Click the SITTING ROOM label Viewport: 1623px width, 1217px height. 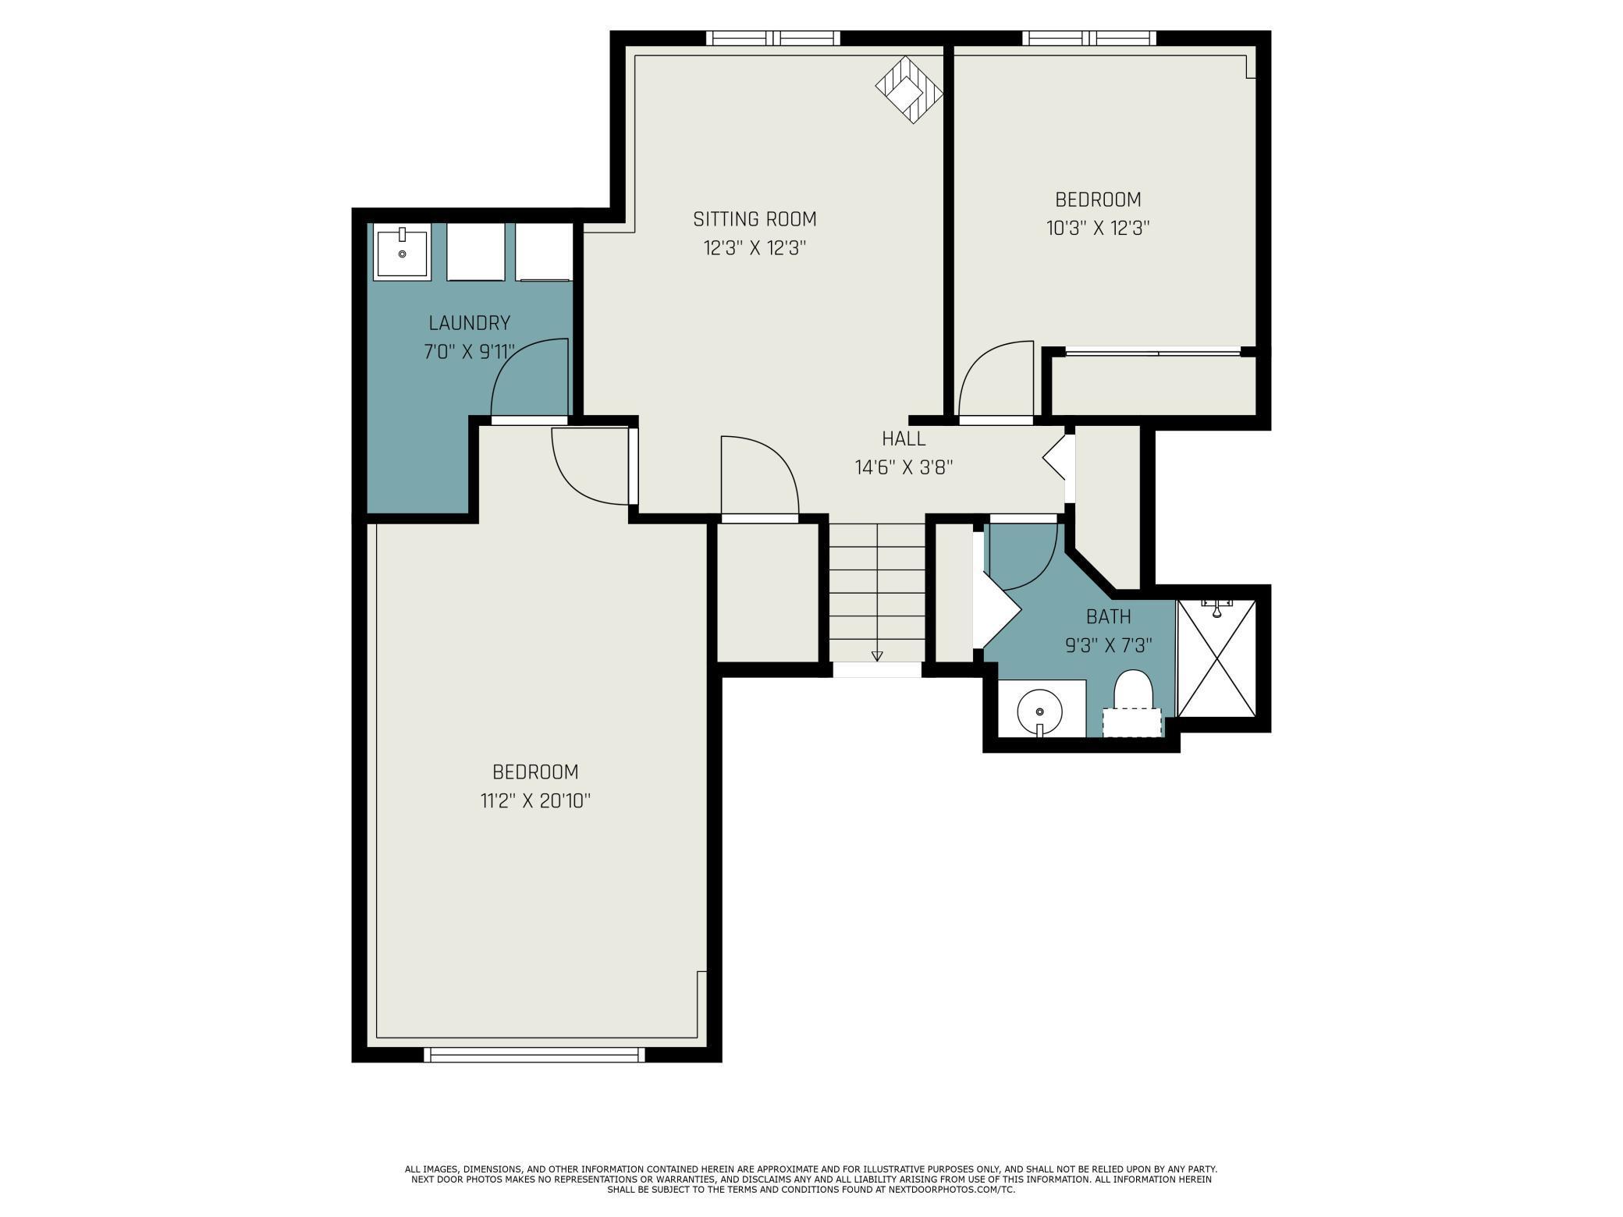[755, 219]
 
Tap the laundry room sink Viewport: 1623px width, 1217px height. [402, 250]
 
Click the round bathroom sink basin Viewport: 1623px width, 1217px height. [1039, 712]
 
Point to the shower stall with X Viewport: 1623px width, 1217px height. [1216, 658]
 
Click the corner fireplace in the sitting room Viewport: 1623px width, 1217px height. [908, 89]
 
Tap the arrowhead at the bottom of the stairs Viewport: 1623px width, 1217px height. [877, 656]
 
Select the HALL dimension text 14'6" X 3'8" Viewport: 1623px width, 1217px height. [904, 468]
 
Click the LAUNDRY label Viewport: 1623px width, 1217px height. [470, 323]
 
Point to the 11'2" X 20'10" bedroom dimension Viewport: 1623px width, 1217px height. [536, 801]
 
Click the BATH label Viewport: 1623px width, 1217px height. [1109, 617]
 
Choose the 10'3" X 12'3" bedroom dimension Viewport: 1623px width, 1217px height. [1099, 229]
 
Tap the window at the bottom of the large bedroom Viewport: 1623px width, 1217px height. [534, 1055]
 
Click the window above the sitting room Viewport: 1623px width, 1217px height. [773, 38]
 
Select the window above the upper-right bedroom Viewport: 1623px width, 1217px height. [1089, 38]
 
